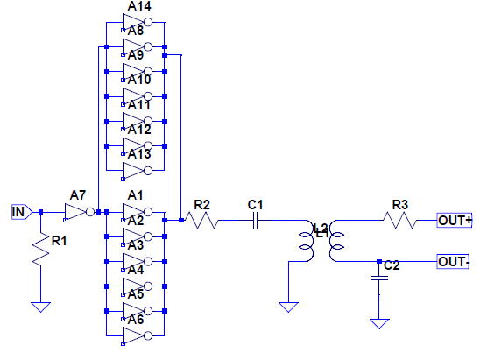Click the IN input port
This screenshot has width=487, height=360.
pos(22,212)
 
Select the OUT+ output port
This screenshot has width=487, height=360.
pos(455,220)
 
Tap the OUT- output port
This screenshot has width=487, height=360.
pos(453,262)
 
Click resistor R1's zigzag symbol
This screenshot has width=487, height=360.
pos(40,249)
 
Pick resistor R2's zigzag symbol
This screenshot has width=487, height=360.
pos(201,220)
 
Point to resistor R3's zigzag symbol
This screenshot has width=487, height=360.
pos(399,220)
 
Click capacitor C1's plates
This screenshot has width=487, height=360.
pos(255,220)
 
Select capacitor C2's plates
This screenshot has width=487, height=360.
pos(379,278)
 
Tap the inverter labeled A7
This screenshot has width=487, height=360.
pos(79,212)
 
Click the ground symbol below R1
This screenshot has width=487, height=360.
pos(40,307)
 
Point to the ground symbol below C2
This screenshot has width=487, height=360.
pos(379,324)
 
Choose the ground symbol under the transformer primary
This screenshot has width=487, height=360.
pos(288,307)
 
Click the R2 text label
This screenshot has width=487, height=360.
pos(201,205)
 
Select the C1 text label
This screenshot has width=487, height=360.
pos(255,205)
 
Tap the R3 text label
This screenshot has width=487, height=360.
pos(400,205)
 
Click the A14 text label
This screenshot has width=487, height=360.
pos(139,6)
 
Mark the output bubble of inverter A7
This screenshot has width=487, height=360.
pos(90,212)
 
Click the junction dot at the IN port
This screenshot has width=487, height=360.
pos(40,212)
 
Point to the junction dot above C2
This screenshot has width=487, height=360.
pos(379,262)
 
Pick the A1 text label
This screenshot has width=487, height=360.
pos(135,195)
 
